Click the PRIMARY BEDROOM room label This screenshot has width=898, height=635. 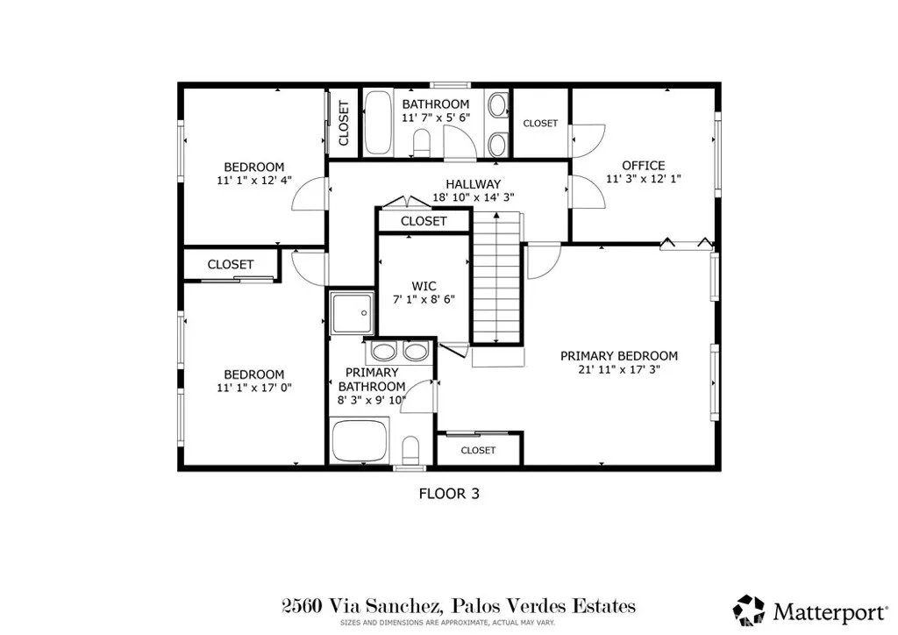pyautogui.click(x=619, y=355)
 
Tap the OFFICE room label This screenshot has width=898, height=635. pyautogui.click(x=643, y=165)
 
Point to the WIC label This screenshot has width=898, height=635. pyautogui.click(x=424, y=286)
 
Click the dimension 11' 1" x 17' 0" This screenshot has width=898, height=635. pyautogui.click(x=253, y=389)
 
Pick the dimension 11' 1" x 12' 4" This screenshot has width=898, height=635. pyautogui.click(x=253, y=181)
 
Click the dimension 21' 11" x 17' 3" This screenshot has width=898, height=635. pyautogui.click(x=619, y=370)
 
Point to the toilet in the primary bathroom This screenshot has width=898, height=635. pyautogui.click(x=410, y=451)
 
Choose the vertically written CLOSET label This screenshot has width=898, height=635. pyautogui.click(x=343, y=124)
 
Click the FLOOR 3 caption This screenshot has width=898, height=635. pyautogui.click(x=448, y=494)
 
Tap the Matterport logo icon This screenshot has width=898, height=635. pyautogui.click(x=748, y=609)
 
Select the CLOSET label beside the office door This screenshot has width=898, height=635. pyautogui.click(x=540, y=124)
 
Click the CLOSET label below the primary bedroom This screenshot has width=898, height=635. pyautogui.click(x=478, y=450)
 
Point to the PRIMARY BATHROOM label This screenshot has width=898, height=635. pyautogui.click(x=372, y=380)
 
